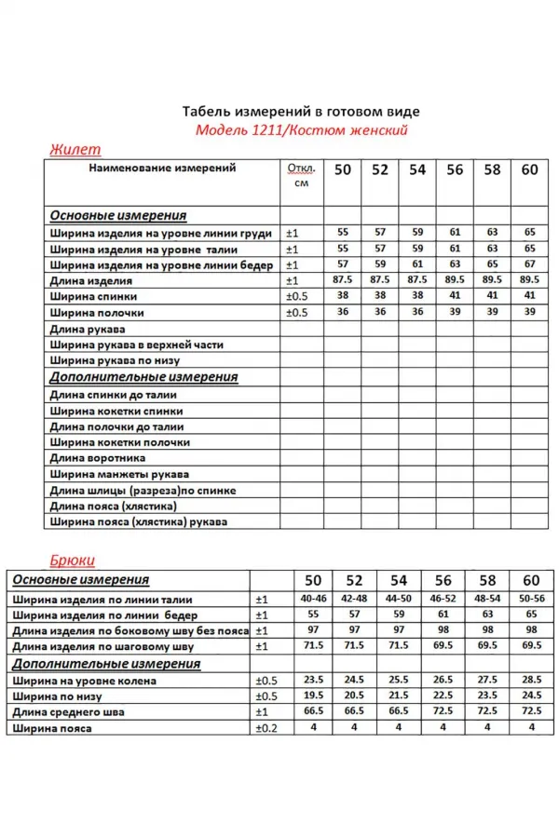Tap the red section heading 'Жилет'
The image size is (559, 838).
point(74,149)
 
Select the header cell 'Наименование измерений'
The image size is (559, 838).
point(162,169)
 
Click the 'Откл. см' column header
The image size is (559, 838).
point(301,176)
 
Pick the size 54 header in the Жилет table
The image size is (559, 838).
point(417,169)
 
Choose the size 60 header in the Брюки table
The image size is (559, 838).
point(531,580)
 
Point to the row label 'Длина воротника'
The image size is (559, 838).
point(98,458)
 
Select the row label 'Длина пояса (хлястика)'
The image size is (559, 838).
point(113,506)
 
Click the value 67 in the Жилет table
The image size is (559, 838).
point(530,264)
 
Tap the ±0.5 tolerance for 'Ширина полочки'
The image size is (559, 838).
point(295,312)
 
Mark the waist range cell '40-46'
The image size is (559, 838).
point(313,599)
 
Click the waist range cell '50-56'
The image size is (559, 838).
point(531,599)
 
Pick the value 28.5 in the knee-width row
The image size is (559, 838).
point(531,680)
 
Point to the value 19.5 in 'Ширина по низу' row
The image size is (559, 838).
point(313,696)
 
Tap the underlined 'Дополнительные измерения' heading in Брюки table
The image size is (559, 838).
point(106,664)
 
